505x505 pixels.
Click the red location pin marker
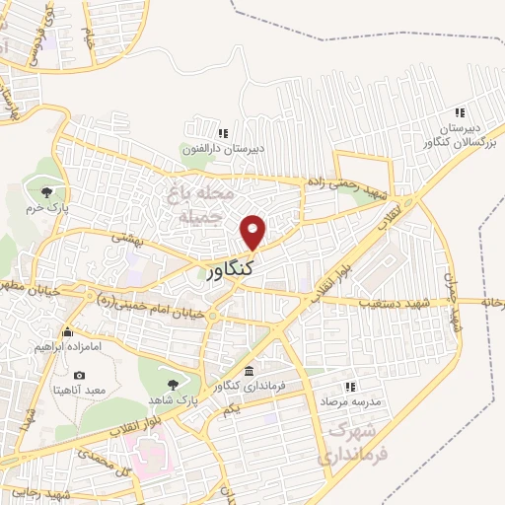253,231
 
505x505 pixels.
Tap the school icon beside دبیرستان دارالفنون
223,133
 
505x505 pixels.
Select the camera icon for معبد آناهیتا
79,375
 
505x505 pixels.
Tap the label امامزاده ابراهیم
68,347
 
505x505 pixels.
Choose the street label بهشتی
129,237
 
